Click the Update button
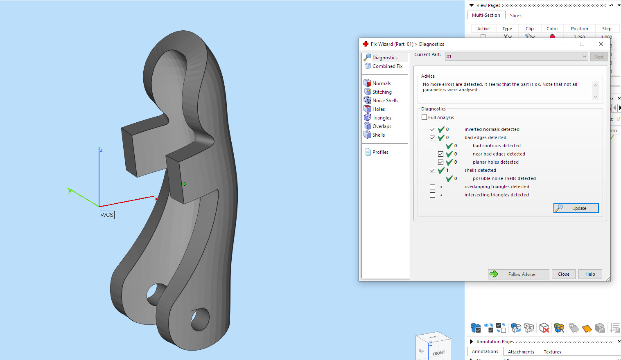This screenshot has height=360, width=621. pyautogui.click(x=576, y=208)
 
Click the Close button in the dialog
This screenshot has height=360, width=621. pyautogui.click(x=563, y=274)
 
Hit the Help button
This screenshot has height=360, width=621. pyautogui.click(x=590, y=274)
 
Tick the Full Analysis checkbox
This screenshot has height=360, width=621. pyautogui.click(x=425, y=117)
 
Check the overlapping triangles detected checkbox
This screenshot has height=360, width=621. pyautogui.click(x=433, y=187)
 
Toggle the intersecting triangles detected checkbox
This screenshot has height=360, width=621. pyautogui.click(x=433, y=195)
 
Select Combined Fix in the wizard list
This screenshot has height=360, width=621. pyautogui.click(x=387, y=66)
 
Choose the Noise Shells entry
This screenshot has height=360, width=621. pyautogui.click(x=385, y=101)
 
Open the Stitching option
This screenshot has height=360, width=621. pyautogui.click(x=382, y=92)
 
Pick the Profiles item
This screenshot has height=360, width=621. pyautogui.click(x=380, y=152)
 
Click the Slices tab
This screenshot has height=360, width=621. pyautogui.click(x=515, y=16)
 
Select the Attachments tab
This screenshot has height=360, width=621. pyautogui.click(x=521, y=352)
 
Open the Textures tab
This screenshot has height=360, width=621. pyautogui.click(x=552, y=352)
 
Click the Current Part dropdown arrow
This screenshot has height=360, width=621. pyautogui.click(x=584, y=56)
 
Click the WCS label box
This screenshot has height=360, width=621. pyautogui.click(x=107, y=215)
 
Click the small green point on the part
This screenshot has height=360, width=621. pyautogui.click(x=184, y=184)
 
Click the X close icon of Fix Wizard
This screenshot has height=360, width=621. pyautogui.click(x=601, y=44)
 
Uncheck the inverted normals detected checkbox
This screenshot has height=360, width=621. pyautogui.click(x=433, y=129)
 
